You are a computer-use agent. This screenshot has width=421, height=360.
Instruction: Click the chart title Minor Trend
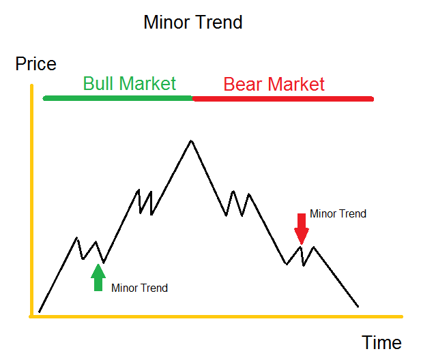tap(193, 22)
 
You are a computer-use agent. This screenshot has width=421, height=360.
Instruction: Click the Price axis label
tap(35, 65)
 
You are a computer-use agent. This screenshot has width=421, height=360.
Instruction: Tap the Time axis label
tap(381, 342)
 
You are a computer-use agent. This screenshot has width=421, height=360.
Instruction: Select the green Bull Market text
tap(130, 84)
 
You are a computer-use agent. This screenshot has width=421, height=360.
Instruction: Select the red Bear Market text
tap(274, 85)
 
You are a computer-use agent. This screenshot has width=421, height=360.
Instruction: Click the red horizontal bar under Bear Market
tap(283, 99)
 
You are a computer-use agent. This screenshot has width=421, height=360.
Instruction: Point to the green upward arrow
tap(98, 277)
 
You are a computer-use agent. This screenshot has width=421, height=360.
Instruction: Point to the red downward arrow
tap(300, 228)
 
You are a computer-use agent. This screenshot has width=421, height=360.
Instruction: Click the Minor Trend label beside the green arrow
tap(139, 288)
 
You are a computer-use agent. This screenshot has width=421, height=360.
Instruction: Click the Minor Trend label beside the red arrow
tap(338, 214)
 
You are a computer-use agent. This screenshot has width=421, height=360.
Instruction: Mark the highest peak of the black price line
tap(191, 140)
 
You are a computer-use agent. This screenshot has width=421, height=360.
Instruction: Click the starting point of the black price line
tap(40, 312)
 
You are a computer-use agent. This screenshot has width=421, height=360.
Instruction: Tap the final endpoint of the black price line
tap(358, 306)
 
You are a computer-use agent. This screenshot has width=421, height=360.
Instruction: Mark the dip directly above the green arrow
tap(102, 262)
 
